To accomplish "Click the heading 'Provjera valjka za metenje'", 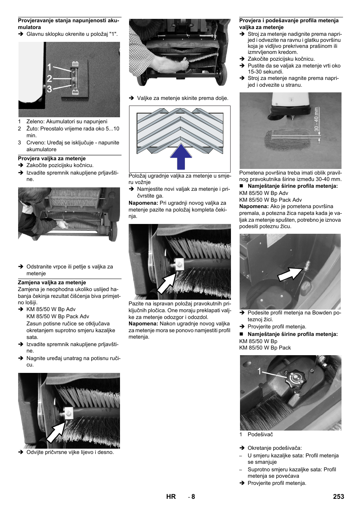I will pos(52,159).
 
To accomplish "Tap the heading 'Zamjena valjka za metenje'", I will pos(52,282).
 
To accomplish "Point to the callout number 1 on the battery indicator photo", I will pos(49,67).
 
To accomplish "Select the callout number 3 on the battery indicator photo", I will pos(49,89).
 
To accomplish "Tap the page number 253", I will pos(338,497).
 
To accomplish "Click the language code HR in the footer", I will pos(171,497).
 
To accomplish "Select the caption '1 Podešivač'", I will pos(256,434).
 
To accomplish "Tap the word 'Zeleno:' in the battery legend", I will pos(35,122).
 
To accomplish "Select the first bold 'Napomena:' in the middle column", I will pos(143,203).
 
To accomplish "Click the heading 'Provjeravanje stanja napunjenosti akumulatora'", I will pos(68,24).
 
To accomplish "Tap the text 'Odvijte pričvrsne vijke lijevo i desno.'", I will pos(70,452).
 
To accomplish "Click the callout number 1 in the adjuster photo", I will pos(259,372).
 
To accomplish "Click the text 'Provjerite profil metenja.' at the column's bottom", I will pos(277,483).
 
